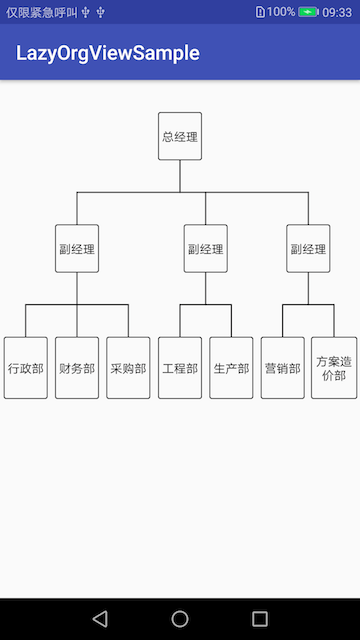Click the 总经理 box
180,136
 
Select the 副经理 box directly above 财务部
77,249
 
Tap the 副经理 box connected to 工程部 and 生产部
206,249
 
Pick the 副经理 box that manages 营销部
308,249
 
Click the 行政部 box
26,368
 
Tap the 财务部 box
77,368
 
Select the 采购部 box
128,368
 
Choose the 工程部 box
180,368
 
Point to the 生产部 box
231,368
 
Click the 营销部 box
282,368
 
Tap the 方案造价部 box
334,368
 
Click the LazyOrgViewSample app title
108,53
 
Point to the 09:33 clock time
337,12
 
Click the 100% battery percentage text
281,12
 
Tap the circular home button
180,618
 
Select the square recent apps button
260,618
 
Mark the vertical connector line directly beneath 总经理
180,175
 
